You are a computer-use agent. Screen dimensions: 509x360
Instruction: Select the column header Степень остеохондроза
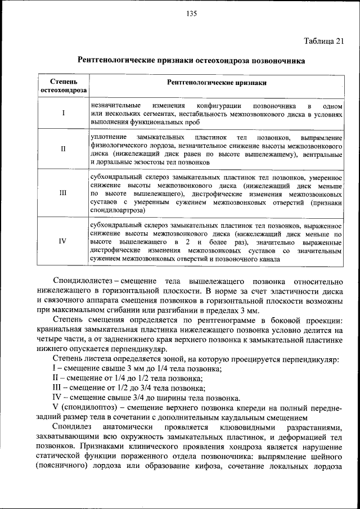(63, 86)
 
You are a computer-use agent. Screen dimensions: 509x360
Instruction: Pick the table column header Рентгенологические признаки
(217, 82)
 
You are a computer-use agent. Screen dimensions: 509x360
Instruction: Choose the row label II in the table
(63, 150)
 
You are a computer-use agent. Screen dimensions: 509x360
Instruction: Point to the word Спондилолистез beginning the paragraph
(83, 280)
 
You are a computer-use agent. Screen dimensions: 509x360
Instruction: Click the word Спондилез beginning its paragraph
(71, 427)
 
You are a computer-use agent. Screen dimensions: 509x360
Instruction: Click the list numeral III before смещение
(57, 388)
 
